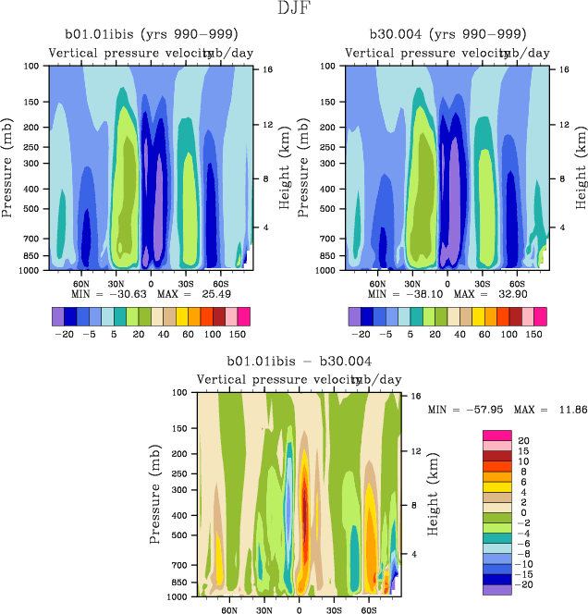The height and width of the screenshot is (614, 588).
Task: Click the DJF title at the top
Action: tap(293, 8)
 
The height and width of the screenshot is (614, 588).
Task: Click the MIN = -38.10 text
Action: tap(398, 292)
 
